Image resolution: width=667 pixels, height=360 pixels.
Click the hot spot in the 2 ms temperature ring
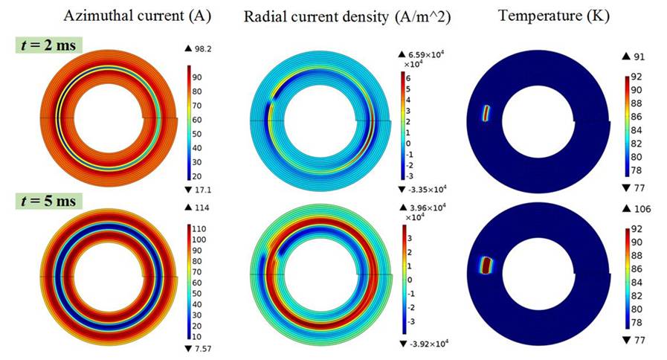click(487, 113)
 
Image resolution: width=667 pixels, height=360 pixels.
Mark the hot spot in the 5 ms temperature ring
click(487, 265)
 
